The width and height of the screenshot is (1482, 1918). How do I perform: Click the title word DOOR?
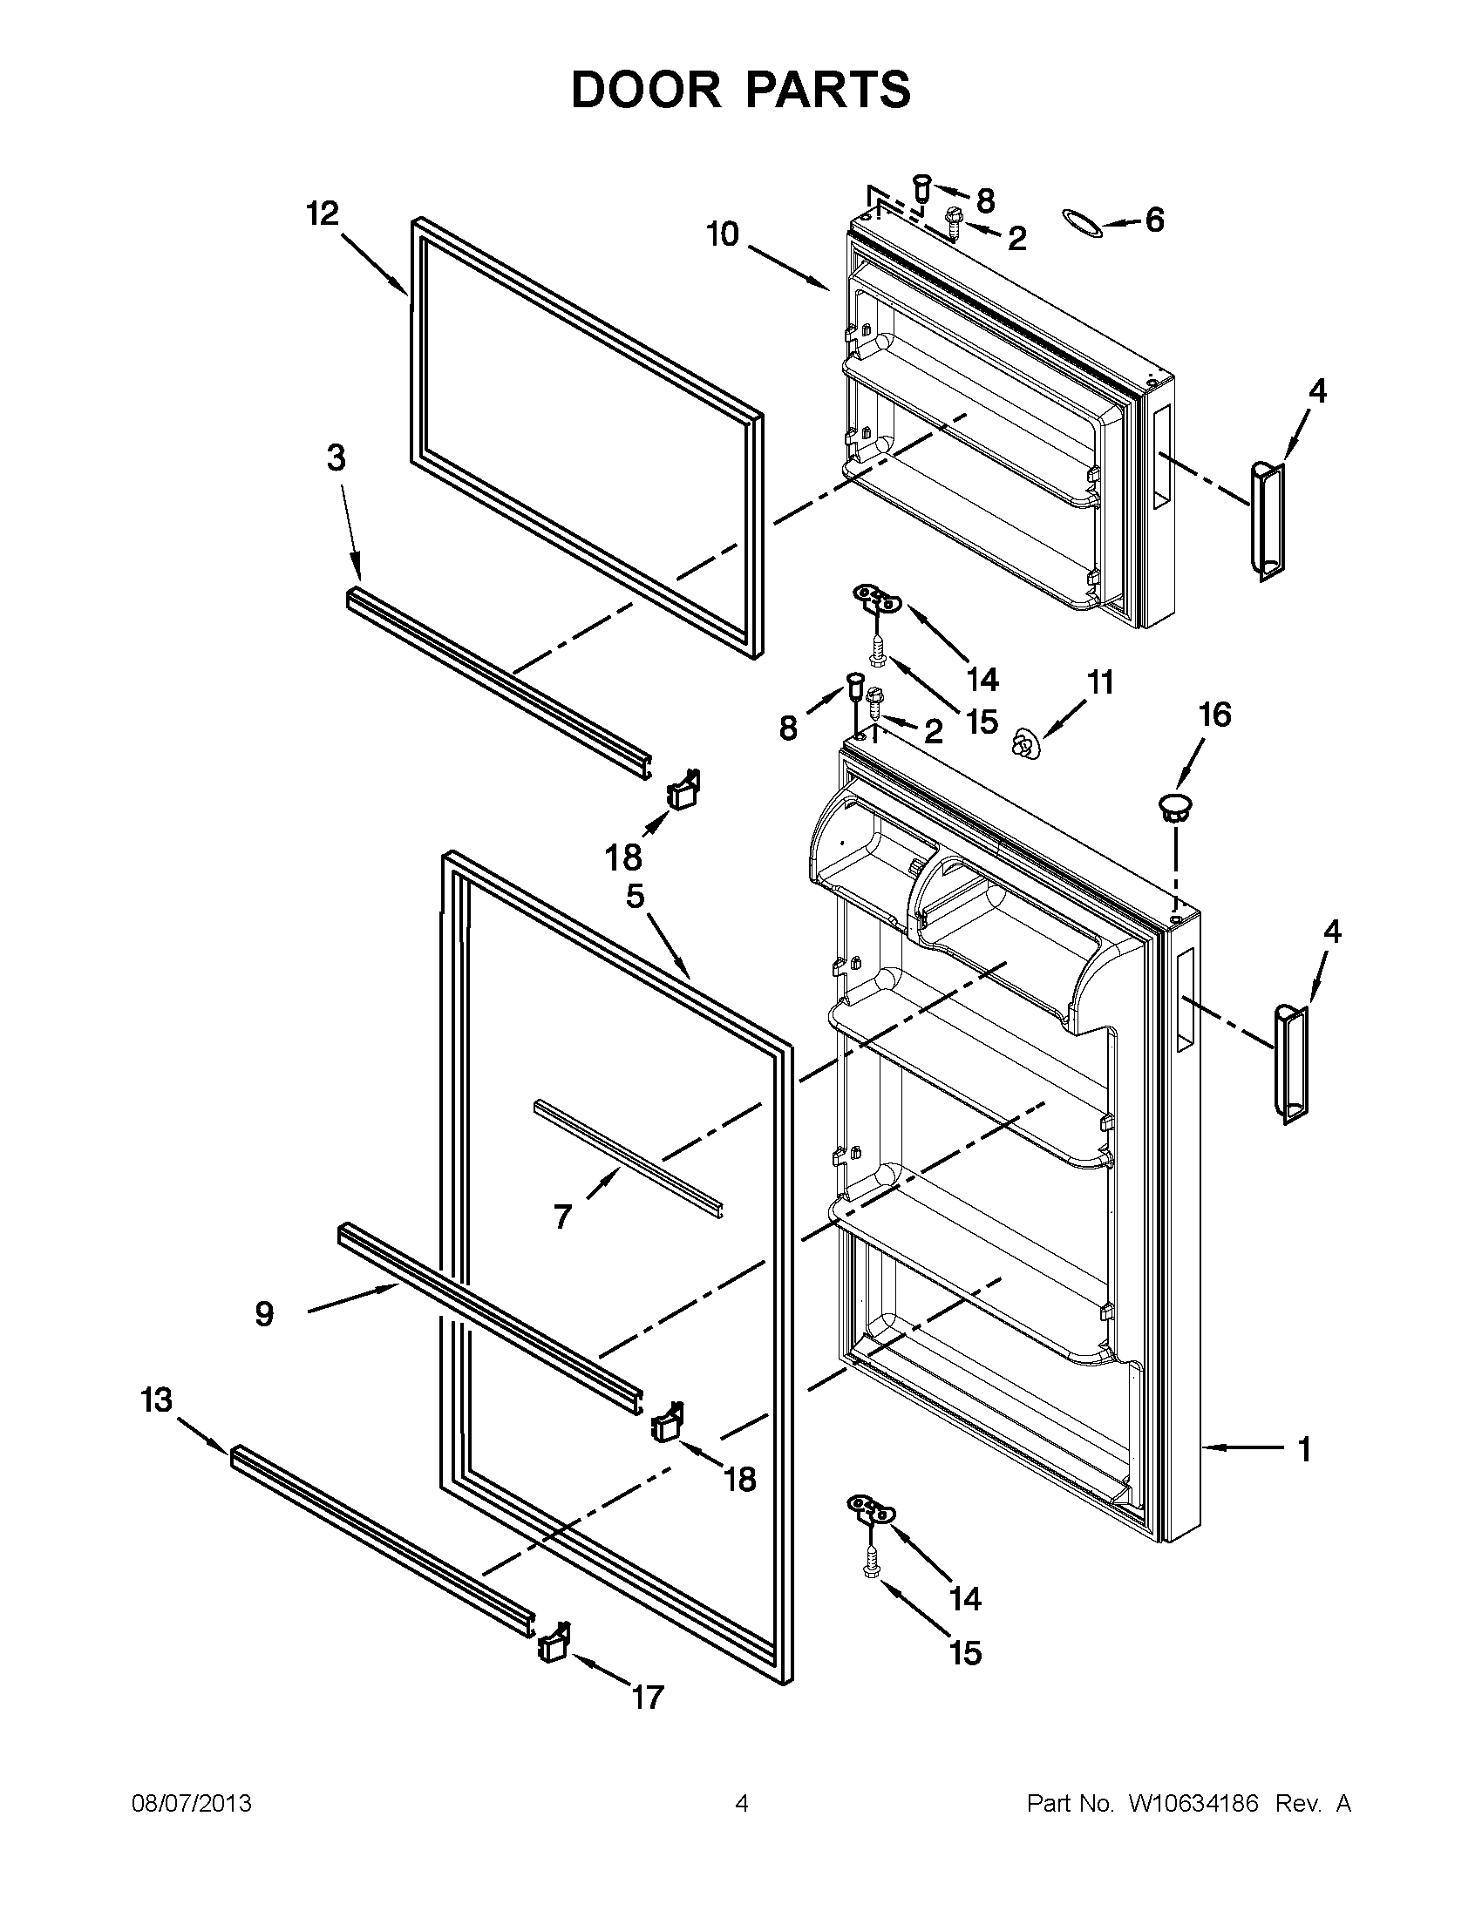(x=645, y=90)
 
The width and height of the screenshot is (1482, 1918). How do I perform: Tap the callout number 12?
(x=323, y=213)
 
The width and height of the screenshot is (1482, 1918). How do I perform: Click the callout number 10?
(x=723, y=234)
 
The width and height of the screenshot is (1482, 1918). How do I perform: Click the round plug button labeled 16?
(x=1173, y=806)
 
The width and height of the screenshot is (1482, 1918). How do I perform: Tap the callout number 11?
(x=1100, y=682)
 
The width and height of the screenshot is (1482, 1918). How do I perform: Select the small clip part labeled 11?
(x=1024, y=745)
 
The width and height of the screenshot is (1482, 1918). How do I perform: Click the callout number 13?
(x=156, y=1400)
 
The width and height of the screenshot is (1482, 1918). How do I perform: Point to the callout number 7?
(x=562, y=1217)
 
